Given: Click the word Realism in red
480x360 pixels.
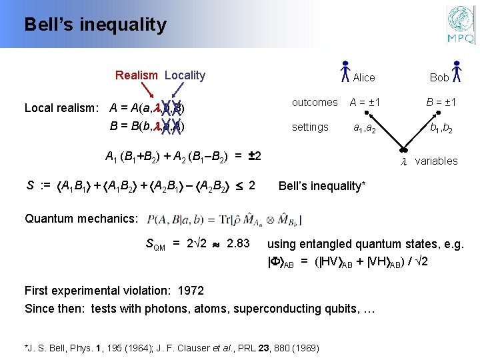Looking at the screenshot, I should click(136, 75).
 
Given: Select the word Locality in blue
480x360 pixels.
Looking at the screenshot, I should click(185, 75).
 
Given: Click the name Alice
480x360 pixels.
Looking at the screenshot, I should click(364, 77).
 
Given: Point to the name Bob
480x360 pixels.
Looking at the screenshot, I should click(439, 77).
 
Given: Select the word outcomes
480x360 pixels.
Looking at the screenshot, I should click(315, 102).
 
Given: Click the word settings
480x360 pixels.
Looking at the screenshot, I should click(310, 127).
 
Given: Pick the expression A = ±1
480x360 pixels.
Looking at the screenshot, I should click(366, 102).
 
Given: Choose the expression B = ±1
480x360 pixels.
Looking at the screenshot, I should click(441, 102).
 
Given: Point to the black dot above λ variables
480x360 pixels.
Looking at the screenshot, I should click(403, 149).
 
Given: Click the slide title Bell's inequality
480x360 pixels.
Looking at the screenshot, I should click(95, 25).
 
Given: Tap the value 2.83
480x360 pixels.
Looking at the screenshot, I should click(238, 243).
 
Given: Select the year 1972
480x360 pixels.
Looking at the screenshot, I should click(189, 291).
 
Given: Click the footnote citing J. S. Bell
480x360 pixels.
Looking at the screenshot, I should click(172, 347).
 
